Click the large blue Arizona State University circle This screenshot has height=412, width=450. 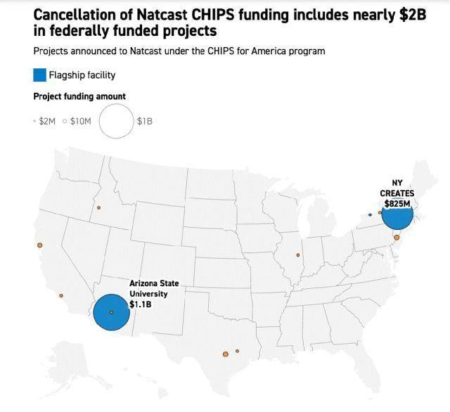tap(111, 312)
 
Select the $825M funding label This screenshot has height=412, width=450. tap(397, 203)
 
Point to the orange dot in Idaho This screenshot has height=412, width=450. tap(99, 207)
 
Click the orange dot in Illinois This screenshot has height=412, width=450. tap(298, 255)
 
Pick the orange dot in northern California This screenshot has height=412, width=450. tap(40, 245)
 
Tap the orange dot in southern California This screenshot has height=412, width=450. tap(61, 295)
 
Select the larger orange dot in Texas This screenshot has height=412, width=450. tap(226, 354)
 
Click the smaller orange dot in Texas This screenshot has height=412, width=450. tap(238, 351)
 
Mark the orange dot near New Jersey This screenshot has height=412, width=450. tap(397, 238)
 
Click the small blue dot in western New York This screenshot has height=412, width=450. tap(370, 214)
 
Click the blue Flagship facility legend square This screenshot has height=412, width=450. tap(40, 75)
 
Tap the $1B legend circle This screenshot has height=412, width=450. tap(116, 121)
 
